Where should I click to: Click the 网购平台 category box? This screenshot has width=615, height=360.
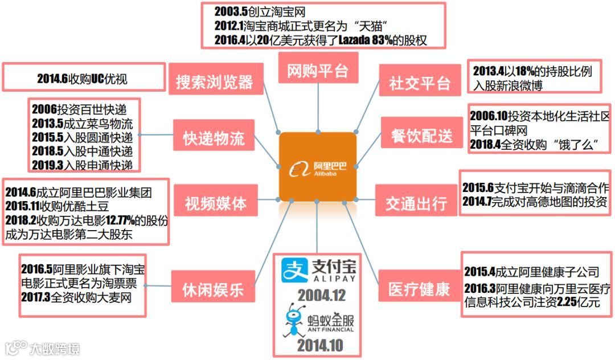[x=318, y=71]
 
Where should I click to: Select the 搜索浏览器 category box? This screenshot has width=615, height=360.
[x=214, y=81]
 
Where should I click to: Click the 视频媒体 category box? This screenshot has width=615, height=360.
[x=215, y=203]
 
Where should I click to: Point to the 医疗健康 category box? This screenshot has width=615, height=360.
[x=419, y=289]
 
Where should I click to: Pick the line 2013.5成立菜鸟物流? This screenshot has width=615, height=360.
[x=83, y=124]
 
